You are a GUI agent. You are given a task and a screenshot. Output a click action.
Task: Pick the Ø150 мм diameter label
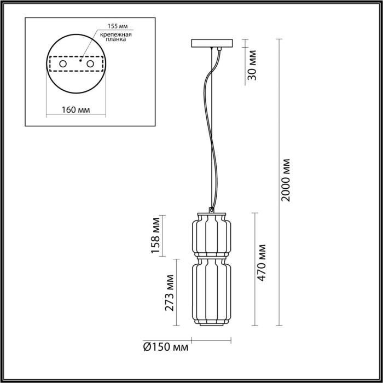tap(166, 347)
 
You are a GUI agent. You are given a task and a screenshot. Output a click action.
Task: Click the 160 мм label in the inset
tap(76, 109)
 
